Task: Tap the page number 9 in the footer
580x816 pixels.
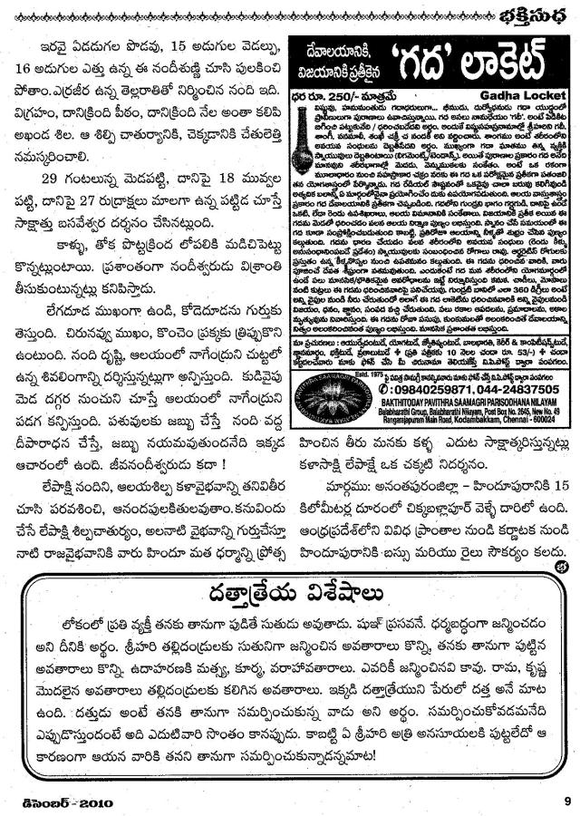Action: [x=564, y=800]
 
